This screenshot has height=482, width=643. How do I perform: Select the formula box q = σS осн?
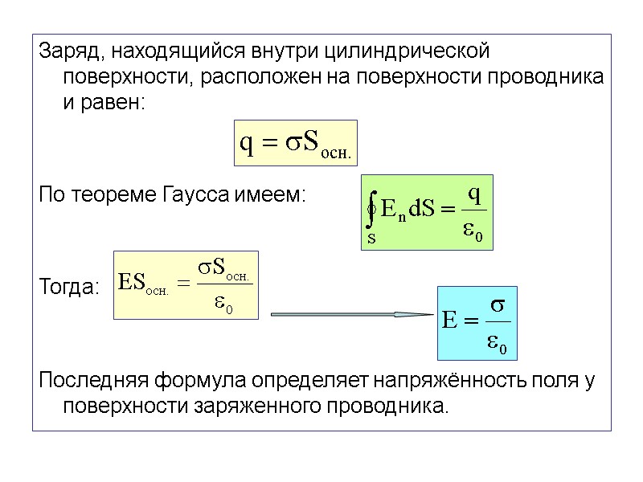coord(294,144)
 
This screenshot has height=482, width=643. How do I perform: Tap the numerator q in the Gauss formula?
coord(474,194)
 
